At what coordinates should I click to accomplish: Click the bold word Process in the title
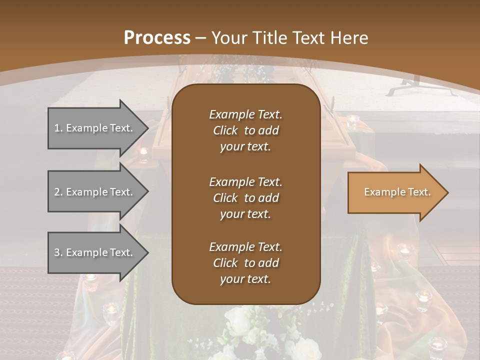[x=157, y=38]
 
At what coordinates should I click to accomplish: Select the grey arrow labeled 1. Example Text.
[x=95, y=128]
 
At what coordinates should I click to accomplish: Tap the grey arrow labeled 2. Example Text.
[x=95, y=192]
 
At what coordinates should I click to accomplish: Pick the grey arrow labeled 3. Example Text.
[x=95, y=252]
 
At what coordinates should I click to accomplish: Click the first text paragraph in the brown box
[x=245, y=130]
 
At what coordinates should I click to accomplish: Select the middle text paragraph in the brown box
[x=245, y=197]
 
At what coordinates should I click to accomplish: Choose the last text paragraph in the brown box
[x=245, y=263]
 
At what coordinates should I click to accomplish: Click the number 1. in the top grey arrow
[x=58, y=128]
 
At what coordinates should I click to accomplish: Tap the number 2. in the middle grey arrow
[x=58, y=192]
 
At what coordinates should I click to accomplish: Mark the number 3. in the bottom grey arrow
[x=58, y=252]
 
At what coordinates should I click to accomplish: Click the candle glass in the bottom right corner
[x=437, y=345]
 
